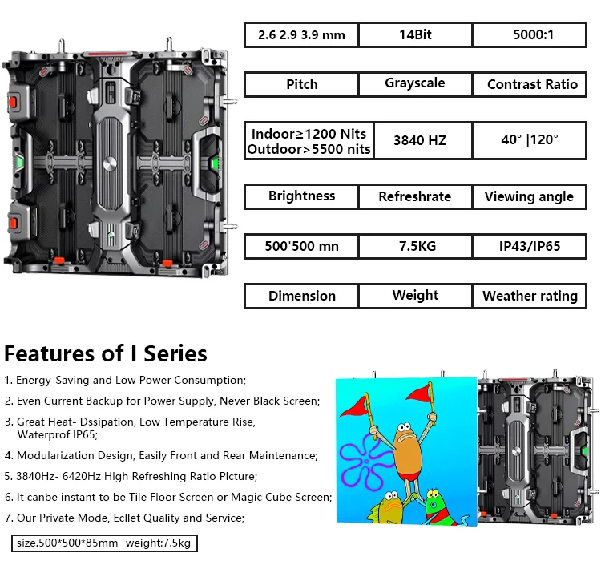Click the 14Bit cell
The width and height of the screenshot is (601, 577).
(x=415, y=35)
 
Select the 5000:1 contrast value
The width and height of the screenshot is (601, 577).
(x=530, y=35)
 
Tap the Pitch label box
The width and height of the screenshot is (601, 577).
(x=301, y=84)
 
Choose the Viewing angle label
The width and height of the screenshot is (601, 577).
(x=530, y=196)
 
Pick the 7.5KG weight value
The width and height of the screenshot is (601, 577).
(x=415, y=246)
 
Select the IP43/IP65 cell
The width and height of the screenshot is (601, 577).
(x=530, y=246)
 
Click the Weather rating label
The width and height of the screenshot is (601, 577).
(x=530, y=296)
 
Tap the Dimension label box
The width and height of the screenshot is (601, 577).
(x=301, y=296)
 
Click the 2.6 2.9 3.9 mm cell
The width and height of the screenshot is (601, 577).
(x=301, y=35)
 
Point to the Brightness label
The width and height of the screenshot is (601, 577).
(x=301, y=196)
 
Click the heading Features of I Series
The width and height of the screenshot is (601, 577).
(x=106, y=353)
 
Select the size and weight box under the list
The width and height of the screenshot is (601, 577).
(x=105, y=543)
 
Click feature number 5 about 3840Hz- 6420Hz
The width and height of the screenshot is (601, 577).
(x=131, y=477)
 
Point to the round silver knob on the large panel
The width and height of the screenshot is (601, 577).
(x=110, y=164)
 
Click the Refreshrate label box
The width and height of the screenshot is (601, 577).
(x=415, y=196)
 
